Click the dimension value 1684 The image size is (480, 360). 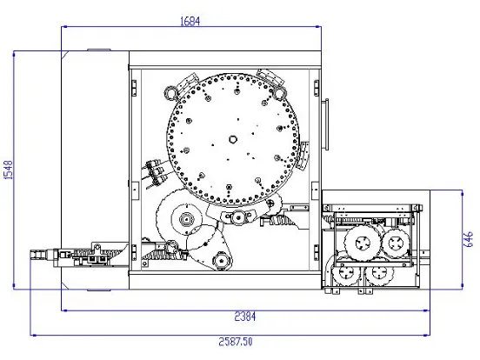[x=190, y=22]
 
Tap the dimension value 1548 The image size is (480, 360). [x=8, y=170]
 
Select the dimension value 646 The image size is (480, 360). [x=469, y=239]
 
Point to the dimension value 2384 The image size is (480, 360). [x=245, y=317]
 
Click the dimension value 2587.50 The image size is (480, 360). [x=236, y=342]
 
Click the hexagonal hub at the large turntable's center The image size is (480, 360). [x=233, y=139]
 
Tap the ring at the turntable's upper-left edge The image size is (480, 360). [x=170, y=92]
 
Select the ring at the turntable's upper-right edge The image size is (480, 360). [x=280, y=93]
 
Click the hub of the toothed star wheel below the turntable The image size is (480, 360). [x=186, y=219]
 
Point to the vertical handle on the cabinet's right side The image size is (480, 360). [x=327, y=124]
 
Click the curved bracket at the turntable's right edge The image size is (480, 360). [x=303, y=156]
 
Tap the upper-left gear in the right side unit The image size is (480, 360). [x=363, y=243]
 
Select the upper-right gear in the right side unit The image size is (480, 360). [x=396, y=243]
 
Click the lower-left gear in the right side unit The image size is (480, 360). [x=347, y=272]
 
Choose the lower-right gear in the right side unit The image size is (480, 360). [x=380, y=272]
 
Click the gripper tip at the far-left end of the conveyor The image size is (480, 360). [x=37, y=255]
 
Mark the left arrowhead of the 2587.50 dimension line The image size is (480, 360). [x=32, y=335]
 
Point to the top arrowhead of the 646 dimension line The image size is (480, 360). [x=462, y=192]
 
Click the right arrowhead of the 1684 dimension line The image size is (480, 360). [x=318, y=27]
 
